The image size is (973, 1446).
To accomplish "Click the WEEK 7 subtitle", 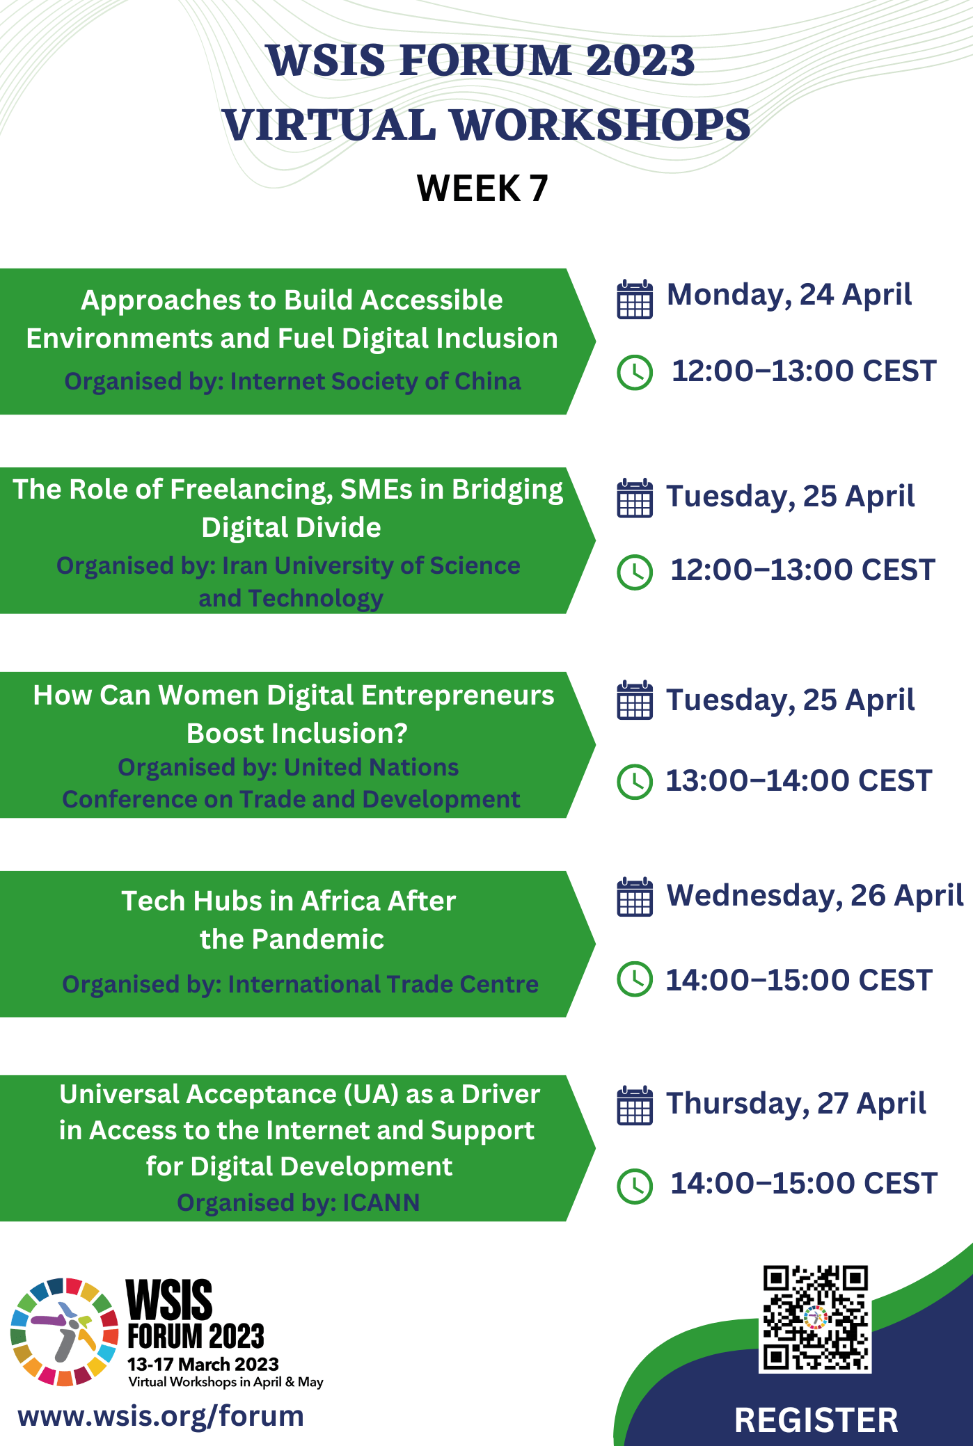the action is pyautogui.click(x=482, y=188).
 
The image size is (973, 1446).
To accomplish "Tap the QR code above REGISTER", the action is pyautogui.click(x=815, y=1317).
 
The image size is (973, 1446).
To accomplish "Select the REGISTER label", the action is pyautogui.click(x=816, y=1420).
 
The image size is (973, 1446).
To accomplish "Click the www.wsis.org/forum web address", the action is pyautogui.click(x=161, y=1416).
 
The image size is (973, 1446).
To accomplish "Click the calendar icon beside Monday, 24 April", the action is pyautogui.click(x=635, y=299).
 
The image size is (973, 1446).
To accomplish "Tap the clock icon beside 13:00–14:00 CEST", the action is pyautogui.click(x=635, y=782).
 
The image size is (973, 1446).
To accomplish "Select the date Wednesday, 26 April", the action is pyautogui.click(x=815, y=896).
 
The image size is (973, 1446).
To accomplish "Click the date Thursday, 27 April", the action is pyautogui.click(x=796, y=1104).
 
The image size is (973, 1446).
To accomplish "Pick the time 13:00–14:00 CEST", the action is pyautogui.click(x=799, y=781).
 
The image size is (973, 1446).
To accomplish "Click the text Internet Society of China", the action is pyautogui.click(x=375, y=381).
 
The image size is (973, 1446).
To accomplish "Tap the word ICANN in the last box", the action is pyautogui.click(x=381, y=1203).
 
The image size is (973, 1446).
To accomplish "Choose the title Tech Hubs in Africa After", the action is pyautogui.click(x=289, y=901).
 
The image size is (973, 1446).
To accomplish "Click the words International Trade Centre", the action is pyautogui.click(x=383, y=984).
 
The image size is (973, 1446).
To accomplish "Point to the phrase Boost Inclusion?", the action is pyautogui.click(x=297, y=733).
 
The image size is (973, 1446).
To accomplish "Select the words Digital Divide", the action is pyautogui.click(x=291, y=528).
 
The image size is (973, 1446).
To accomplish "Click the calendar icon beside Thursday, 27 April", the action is pyautogui.click(x=635, y=1105).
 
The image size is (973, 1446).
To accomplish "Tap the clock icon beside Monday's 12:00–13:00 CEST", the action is pyautogui.click(x=635, y=372).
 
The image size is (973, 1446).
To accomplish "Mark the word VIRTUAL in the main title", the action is pyautogui.click(x=329, y=125).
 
